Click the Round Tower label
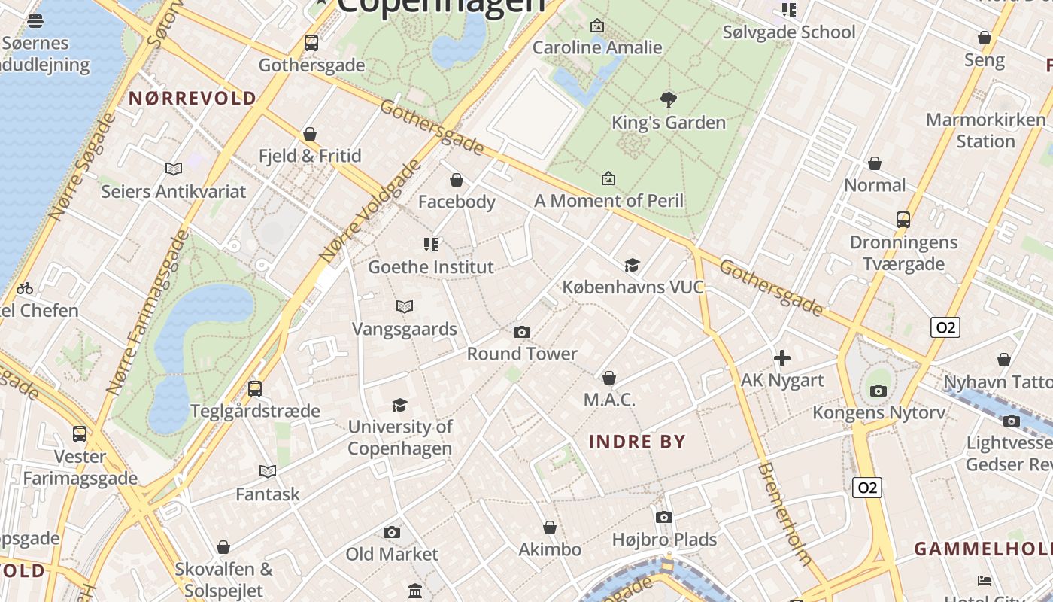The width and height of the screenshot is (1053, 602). (522, 354)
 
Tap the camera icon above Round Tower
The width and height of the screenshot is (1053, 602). (521, 332)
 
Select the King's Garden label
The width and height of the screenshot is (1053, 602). (669, 123)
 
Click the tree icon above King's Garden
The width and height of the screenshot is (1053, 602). (668, 99)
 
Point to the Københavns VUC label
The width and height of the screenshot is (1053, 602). (633, 287)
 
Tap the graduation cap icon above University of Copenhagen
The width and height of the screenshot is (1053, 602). (399, 406)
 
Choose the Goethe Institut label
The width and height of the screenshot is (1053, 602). (431, 267)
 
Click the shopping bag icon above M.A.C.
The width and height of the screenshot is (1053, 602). (609, 378)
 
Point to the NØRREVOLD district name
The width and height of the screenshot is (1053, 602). (193, 98)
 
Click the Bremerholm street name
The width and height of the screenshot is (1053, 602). (785, 513)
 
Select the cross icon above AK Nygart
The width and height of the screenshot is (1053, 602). (782, 358)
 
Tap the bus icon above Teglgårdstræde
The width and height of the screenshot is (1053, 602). (255, 389)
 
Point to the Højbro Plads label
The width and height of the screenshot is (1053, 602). (664, 540)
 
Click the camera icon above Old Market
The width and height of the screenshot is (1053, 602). (391, 533)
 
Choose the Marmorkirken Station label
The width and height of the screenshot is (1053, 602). (985, 130)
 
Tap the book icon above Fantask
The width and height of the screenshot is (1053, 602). (268, 472)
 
